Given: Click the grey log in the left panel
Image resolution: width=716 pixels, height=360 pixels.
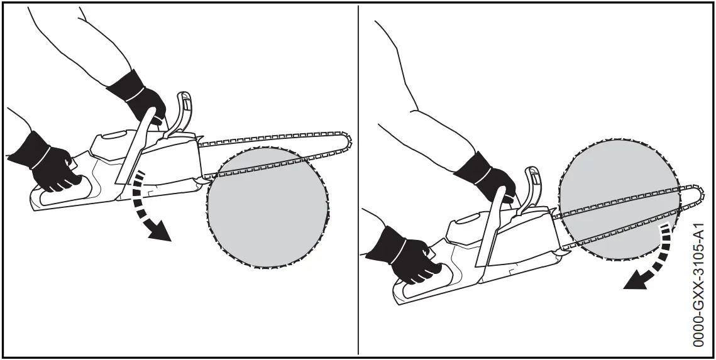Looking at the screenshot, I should click(267, 207).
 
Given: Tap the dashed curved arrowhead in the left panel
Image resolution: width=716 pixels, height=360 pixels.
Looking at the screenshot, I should click(161, 234).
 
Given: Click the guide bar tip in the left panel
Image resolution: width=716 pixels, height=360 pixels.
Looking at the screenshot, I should click(347, 142).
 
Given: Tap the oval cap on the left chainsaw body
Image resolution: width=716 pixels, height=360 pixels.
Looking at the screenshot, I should click(117, 135).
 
